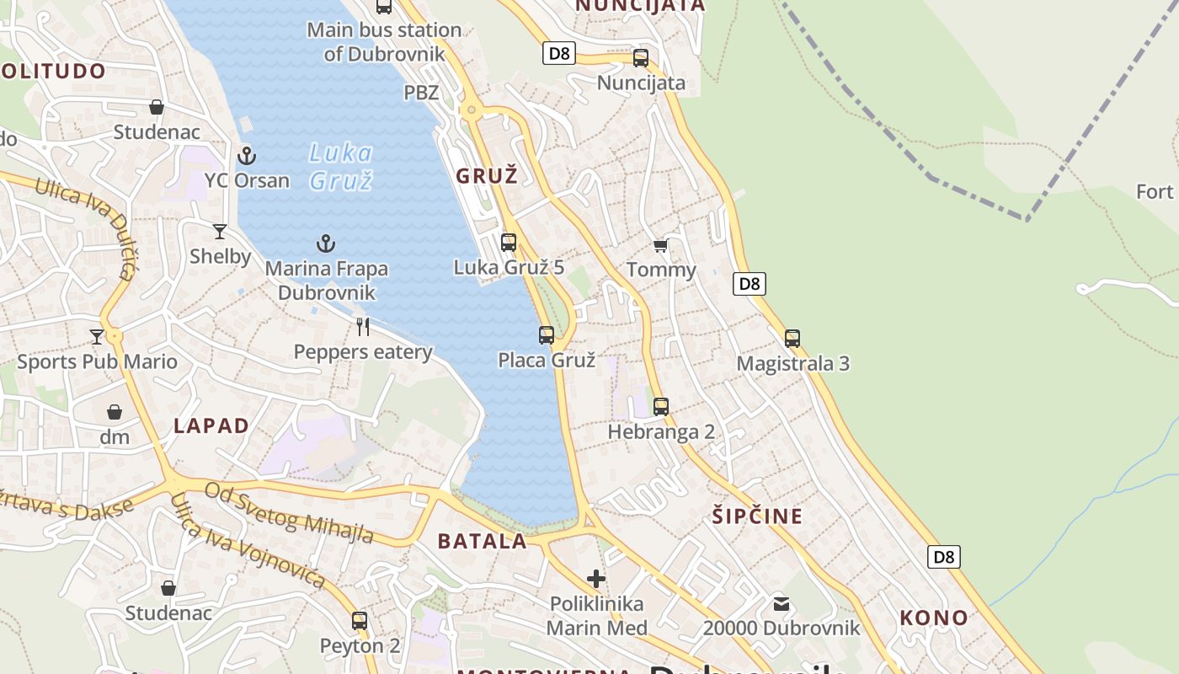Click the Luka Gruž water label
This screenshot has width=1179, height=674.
click(x=340, y=166)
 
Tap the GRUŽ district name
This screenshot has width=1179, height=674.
click(x=487, y=176)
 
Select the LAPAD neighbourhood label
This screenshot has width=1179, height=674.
click(x=211, y=425)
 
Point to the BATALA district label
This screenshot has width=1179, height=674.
click(x=483, y=541)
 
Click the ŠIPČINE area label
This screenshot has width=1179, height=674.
click(x=757, y=516)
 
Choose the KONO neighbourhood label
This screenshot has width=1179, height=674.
click(x=934, y=618)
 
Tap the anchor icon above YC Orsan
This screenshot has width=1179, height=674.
click(x=247, y=155)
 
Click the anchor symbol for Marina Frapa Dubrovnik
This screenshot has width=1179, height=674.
click(x=326, y=244)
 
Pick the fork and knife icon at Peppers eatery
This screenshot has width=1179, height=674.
click(x=363, y=326)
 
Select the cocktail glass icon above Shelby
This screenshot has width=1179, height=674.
click(x=220, y=231)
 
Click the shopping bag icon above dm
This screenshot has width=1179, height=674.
click(x=115, y=412)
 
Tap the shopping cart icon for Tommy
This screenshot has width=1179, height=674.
click(x=661, y=245)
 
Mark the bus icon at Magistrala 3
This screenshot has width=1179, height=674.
click(x=792, y=339)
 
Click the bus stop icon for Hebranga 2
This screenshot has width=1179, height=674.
click(x=661, y=407)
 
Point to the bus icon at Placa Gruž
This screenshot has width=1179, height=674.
click(x=547, y=335)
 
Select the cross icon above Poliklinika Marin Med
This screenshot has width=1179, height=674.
click(x=596, y=578)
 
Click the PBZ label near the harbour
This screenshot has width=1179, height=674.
click(x=421, y=92)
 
